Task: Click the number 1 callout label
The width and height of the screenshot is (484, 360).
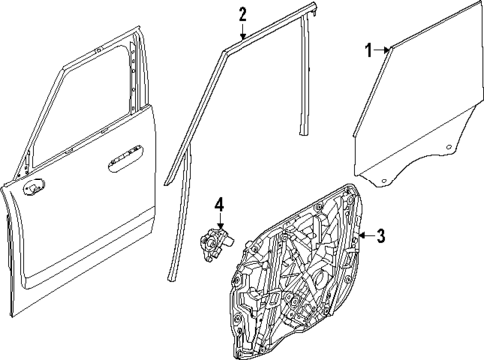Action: coord(367,49)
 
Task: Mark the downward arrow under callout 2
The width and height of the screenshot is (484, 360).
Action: coord(242,31)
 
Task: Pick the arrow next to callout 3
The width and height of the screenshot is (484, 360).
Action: coord(365,236)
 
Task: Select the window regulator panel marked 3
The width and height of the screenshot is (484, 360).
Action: coord(299,269)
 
